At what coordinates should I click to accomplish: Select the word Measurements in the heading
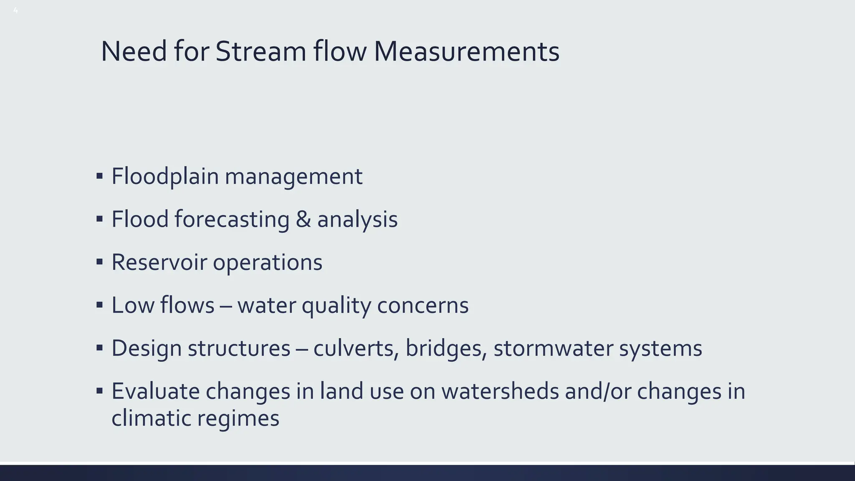(466, 52)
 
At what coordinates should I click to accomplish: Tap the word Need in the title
(134, 52)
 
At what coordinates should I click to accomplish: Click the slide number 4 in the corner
(15, 11)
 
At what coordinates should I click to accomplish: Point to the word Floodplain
(165, 177)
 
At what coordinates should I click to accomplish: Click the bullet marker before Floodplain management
(99, 176)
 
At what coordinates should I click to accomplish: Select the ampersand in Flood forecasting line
(303, 220)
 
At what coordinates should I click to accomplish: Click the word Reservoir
(159, 263)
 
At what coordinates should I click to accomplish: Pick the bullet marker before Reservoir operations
(99, 262)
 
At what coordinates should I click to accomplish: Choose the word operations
(268, 263)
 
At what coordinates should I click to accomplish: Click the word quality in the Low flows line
(336, 306)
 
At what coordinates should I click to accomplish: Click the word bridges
(446, 349)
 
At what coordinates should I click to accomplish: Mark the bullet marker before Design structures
(99, 348)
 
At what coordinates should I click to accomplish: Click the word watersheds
(500, 392)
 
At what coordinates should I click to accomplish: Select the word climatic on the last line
(151, 418)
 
